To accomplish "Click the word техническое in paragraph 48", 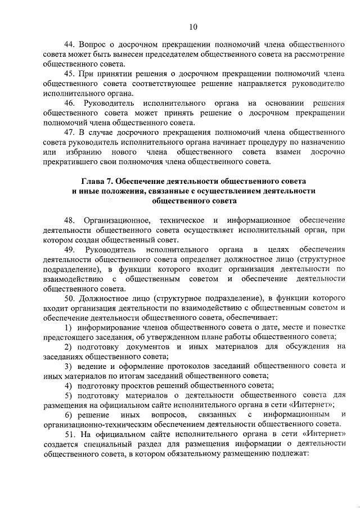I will click(179, 219).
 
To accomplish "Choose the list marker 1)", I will click(68, 327).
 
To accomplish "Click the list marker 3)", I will click(68, 366).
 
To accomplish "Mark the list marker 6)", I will click(68, 415).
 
